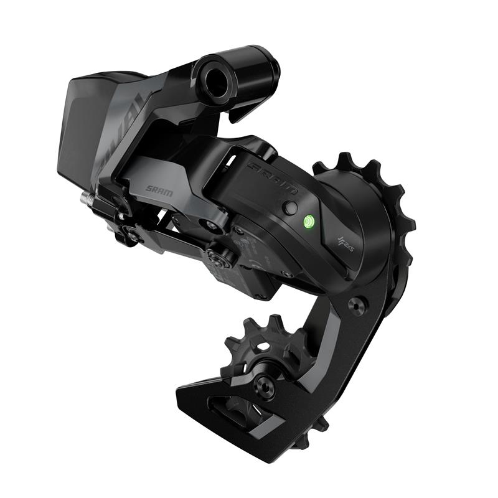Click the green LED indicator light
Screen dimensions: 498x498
point(308,220)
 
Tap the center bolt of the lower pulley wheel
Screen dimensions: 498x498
point(263,387)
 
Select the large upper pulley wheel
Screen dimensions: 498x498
point(374,205)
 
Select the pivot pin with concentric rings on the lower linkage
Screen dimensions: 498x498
point(217,255)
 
